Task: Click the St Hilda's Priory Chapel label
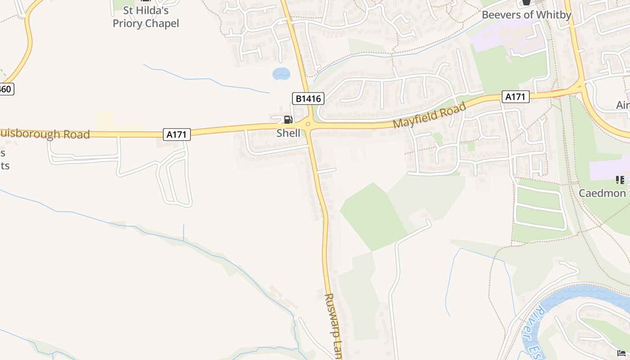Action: (x=145, y=17)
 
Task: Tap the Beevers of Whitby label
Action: (x=526, y=15)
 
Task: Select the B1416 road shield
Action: (x=308, y=99)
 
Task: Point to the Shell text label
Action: (x=288, y=133)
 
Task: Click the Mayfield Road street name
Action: (x=429, y=116)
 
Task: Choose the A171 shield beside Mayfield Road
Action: (x=515, y=97)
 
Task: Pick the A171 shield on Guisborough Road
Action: (x=176, y=134)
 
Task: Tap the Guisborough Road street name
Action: (x=45, y=134)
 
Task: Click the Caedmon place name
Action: (x=603, y=193)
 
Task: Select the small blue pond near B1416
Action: (x=281, y=73)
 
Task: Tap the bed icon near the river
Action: (x=621, y=353)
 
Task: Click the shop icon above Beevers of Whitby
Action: (x=526, y=3)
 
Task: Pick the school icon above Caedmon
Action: (x=620, y=180)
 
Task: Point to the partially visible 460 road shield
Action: (x=5, y=89)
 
